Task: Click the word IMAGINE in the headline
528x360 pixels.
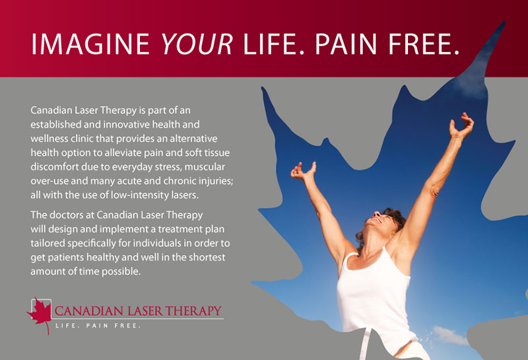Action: click(x=90, y=44)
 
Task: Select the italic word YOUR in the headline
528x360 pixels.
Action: click(x=197, y=44)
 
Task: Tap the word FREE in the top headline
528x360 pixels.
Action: click(x=424, y=44)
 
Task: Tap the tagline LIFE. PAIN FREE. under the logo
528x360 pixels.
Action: click(x=98, y=326)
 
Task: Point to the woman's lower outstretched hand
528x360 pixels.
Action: click(x=303, y=170)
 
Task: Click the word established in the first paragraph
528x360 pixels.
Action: click(x=56, y=124)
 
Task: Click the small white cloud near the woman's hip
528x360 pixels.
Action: click(x=449, y=334)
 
